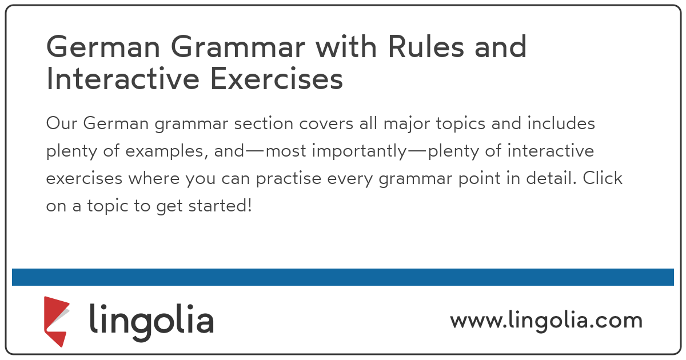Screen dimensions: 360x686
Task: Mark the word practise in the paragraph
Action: coord(288,179)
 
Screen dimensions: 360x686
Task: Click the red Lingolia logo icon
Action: coord(57,321)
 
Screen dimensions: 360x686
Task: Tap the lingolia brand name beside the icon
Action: coord(151,320)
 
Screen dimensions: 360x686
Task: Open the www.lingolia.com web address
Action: coord(546,320)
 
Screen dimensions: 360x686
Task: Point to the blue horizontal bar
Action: coord(343,277)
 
